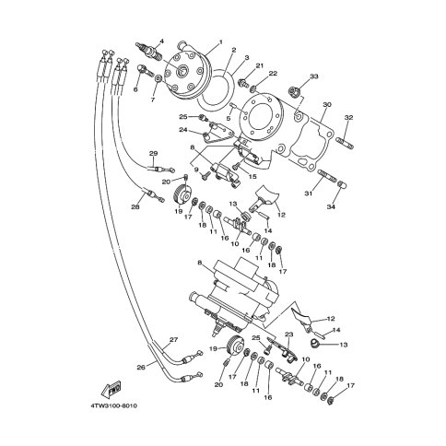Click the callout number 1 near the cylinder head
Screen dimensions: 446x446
[x=220, y=41]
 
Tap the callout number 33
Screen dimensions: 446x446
[x=314, y=76]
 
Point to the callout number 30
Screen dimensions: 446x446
[x=327, y=105]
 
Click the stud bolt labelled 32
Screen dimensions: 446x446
[x=345, y=144]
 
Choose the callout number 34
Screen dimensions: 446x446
[x=331, y=207]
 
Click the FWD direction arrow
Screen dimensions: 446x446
[x=111, y=388]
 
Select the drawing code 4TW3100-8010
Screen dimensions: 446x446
[x=113, y=406]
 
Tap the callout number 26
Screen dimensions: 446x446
[x=141, y=367]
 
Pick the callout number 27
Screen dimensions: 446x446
[x=173, y=340]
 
